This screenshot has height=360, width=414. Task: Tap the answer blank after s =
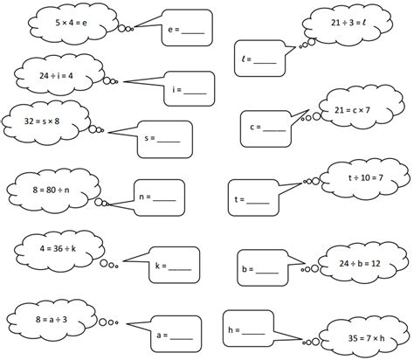tap(168, 139)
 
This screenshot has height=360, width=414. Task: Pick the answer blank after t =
tap(257, 202)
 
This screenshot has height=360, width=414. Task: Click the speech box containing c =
tap(267, 128)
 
